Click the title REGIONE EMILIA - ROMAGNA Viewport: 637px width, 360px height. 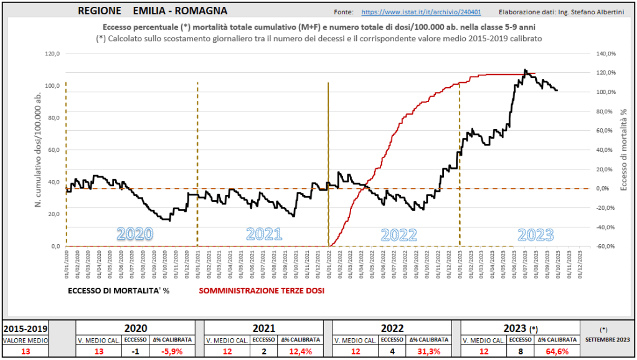point(153,11)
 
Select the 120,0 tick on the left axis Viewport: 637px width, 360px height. point(53,54)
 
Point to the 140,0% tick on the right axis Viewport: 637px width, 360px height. point(606,54)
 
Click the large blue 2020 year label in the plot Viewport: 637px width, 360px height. point(135,234)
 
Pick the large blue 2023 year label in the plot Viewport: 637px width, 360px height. point(536,234)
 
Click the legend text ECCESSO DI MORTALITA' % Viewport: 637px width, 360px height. point(118,290)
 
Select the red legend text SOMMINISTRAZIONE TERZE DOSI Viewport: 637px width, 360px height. point(262,290)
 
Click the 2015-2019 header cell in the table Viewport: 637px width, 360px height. point(26,328)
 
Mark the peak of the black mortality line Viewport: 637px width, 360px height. point(525,70)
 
